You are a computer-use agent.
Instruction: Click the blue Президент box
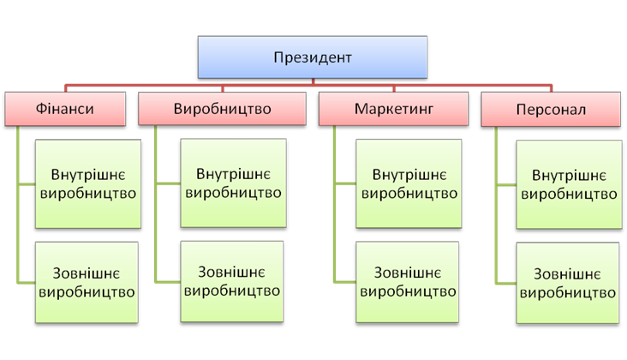pyautogui.click(x=313, y=58)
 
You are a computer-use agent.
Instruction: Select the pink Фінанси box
pyautogui.click(x=64, y=110)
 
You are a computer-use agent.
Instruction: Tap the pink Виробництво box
pyautogui.click(x=222, y=110)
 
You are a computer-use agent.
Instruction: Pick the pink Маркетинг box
pyautogui.click(x=394, y=111)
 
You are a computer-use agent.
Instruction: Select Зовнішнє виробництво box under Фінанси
pyautogui.click(x=87, y=282)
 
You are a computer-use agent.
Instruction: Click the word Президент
pyautogui.click(x=313, y=58)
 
